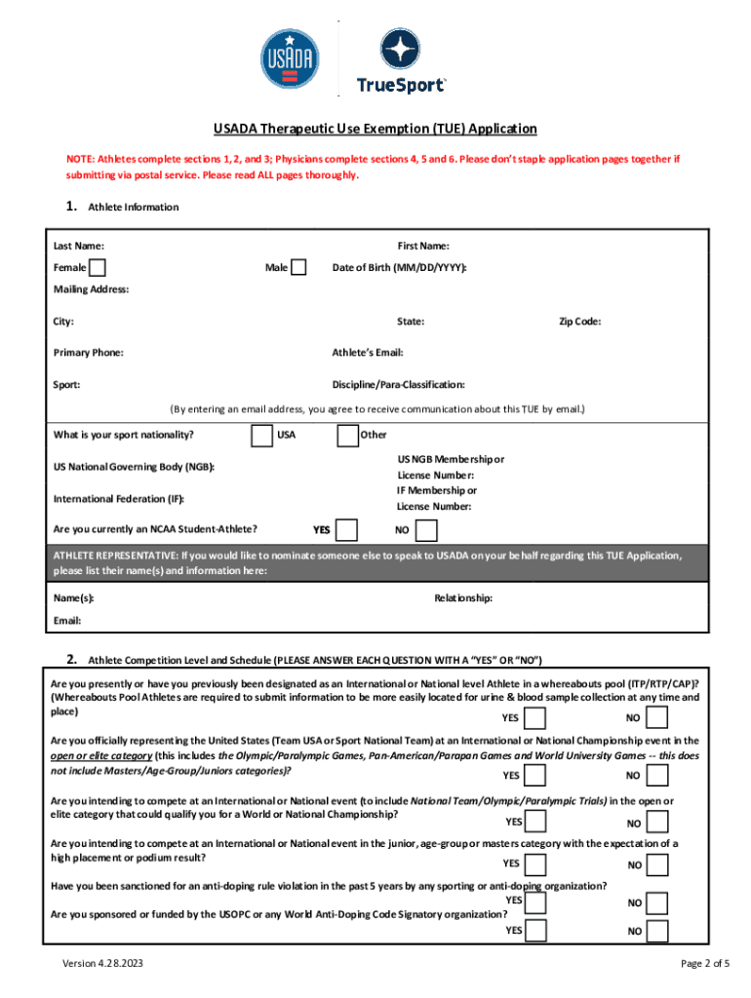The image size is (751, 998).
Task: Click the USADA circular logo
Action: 289,59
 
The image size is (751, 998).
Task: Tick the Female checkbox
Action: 98,268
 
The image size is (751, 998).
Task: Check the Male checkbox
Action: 299,268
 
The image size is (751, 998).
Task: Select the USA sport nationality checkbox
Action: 261,435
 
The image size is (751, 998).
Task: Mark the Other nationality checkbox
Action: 347,435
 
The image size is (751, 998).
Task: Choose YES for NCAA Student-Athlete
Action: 346,530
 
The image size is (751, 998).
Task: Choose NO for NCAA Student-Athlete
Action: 426,530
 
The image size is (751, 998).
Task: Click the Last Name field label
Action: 79,247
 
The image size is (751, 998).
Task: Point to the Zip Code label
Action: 579,321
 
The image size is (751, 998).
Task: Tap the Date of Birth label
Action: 399,268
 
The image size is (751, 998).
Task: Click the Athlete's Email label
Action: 368,353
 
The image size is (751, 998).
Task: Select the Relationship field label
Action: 463,597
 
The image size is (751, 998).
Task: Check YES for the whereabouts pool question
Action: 535,718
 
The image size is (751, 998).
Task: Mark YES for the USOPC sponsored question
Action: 535,930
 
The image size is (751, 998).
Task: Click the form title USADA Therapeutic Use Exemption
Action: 375,129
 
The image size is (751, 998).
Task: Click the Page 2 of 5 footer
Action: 705,964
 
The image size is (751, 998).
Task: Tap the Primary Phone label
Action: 88,353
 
